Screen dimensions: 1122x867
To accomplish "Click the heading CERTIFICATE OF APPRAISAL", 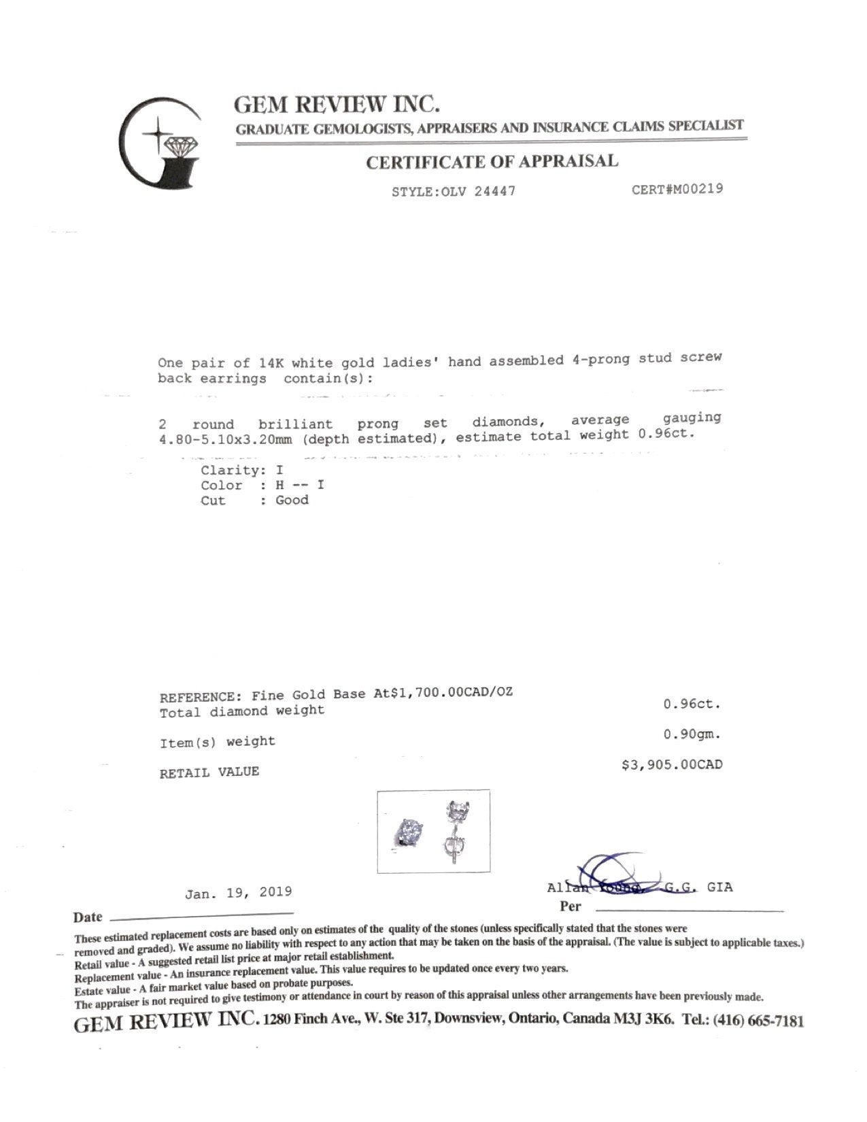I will (492, 162).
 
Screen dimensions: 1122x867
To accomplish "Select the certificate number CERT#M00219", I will (677, 188).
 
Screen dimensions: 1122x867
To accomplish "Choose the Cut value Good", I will (292, 500).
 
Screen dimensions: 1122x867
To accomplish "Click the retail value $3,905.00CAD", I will (672, 765).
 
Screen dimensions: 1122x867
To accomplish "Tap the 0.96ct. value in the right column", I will (692, 704).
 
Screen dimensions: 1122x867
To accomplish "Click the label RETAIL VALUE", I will (209, 772).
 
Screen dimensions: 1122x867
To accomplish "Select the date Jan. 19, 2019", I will (239, 891).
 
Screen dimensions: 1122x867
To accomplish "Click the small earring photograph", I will (434, 831).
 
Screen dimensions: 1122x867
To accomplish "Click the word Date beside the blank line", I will (88, 917).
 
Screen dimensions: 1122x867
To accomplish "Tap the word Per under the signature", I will (571, 906).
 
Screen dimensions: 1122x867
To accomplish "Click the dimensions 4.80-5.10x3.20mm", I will (225, 439).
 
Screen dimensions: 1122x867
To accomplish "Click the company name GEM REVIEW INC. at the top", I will (337, 104).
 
